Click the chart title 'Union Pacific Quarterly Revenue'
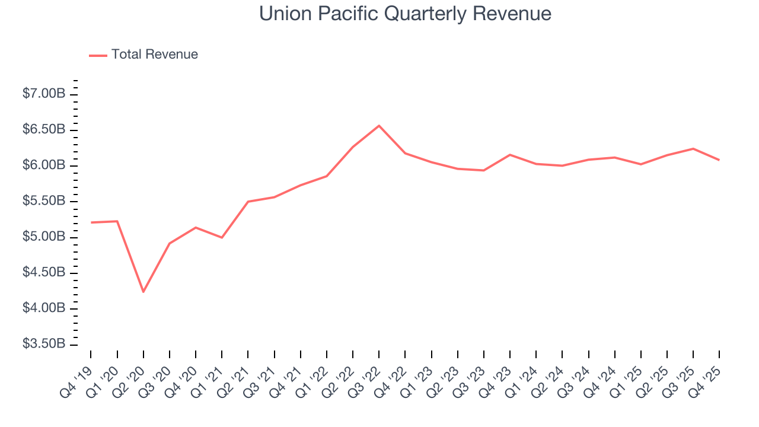(x=405, y=14)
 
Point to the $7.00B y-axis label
(x=44, y=94)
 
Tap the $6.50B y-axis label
(x=44, y=129)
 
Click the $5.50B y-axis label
(x=44, y=201)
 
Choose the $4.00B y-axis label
(x=44, y=308)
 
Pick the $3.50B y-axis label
(x=44, y=344)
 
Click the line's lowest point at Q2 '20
(x=143, y=292)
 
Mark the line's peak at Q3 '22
(x=379, y=126)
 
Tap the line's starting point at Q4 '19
(x=91, y=222)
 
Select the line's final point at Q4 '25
(x=719, y=160)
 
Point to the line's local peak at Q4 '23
(x=510, y=155)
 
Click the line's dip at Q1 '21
(x=222, y=237)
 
